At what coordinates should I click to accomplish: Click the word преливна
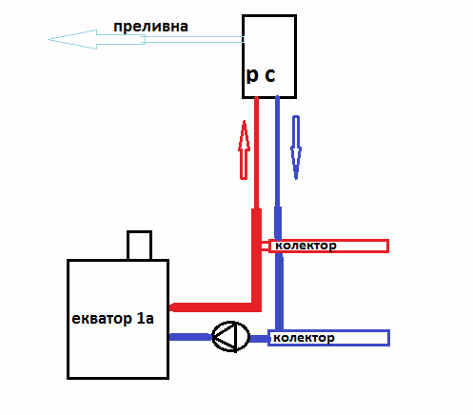[x=150, y=27]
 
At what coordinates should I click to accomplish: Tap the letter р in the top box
[x=253, y=76]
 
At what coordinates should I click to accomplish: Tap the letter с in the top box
[x=271, y=76]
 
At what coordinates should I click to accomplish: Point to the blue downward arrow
[x=295, y=148]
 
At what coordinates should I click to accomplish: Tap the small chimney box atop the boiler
[x=140, y=245]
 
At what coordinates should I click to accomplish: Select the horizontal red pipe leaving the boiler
[x=209, y=306]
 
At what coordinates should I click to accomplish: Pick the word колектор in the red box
[x=306, y=246]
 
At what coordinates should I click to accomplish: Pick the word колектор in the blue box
[x=304, y=338]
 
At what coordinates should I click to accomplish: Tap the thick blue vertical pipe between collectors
[x=279, y=290]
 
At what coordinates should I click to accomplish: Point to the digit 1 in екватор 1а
[x=138, y=318]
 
